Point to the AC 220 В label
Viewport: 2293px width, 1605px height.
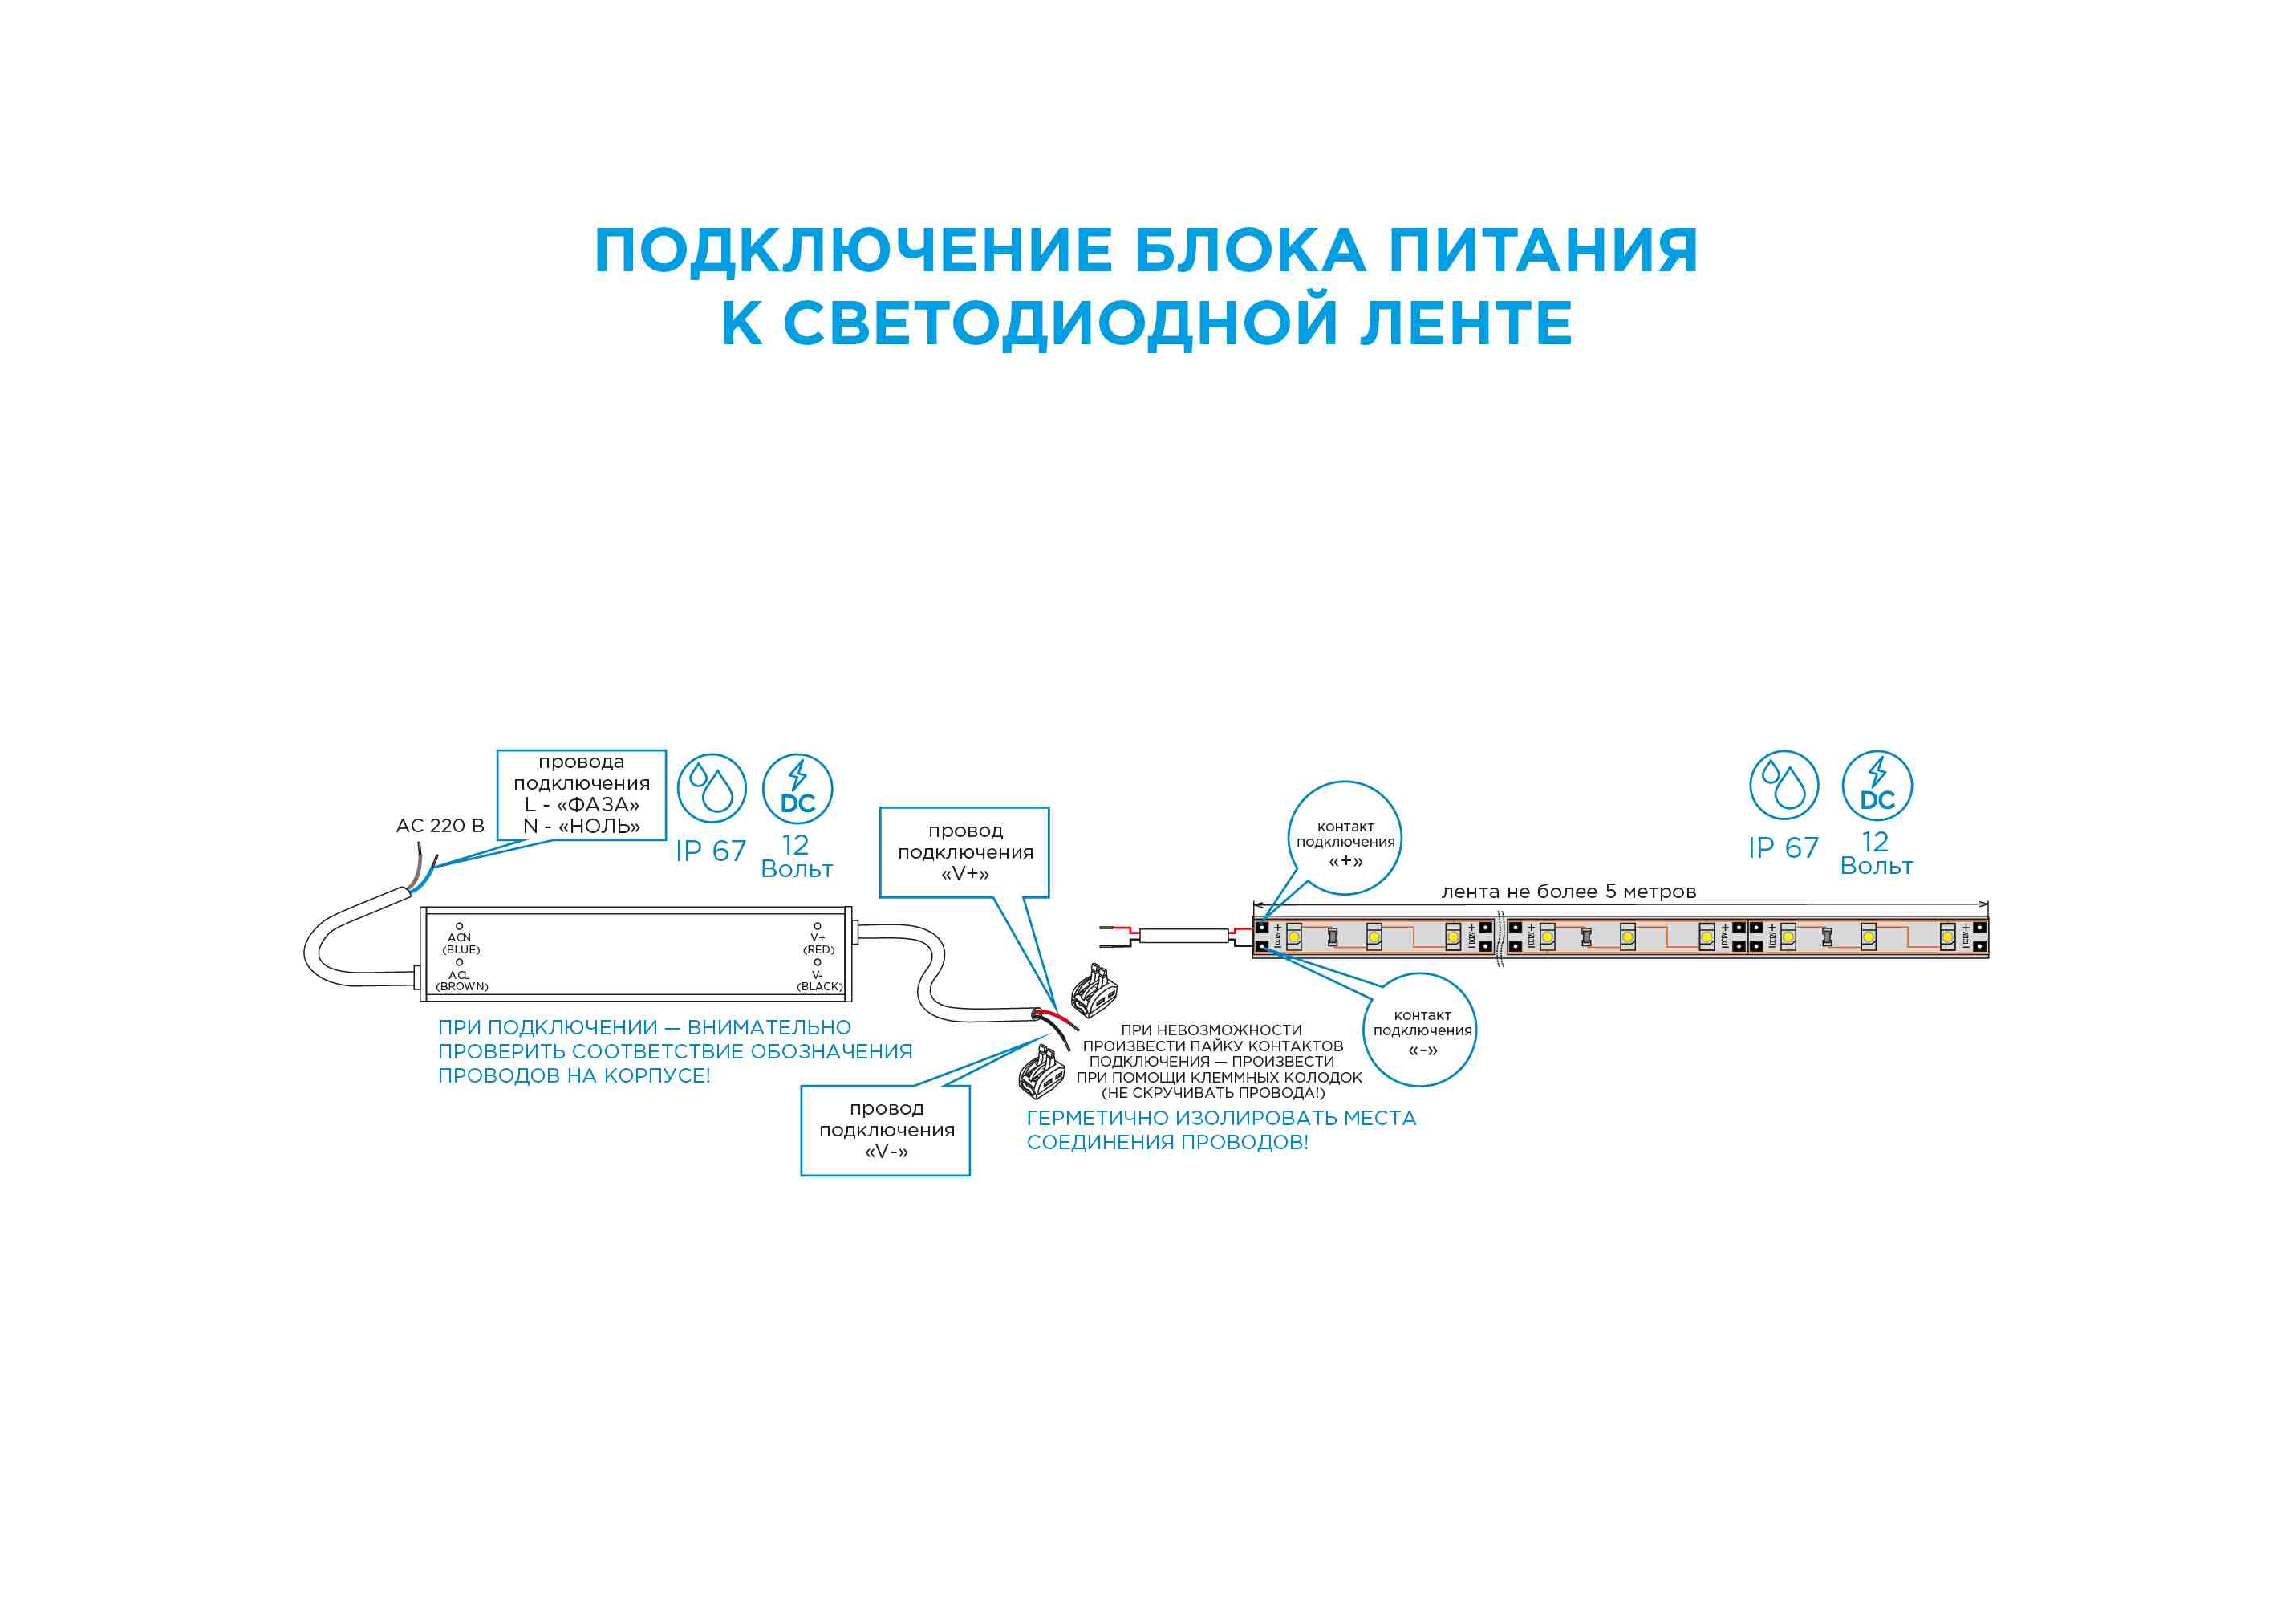(x=440, y=826)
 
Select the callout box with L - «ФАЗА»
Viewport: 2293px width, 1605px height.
(x=581, y=794)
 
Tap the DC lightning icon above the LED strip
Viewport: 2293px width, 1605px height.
(x=1877, y=785)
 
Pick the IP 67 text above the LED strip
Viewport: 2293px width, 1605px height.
(x=1783, y=848)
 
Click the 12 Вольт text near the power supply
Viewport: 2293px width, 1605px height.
(x=796, y=857)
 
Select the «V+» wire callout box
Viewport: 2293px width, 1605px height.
(x=964, y=852)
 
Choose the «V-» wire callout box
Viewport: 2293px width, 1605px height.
(x=885, y=1130)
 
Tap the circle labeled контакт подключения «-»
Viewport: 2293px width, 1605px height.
(x=1420, y=1030)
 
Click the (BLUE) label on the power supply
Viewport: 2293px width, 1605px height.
(x=461, y=950)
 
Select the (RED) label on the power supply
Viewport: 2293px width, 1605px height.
(x=819, y=950)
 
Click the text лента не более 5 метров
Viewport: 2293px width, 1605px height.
(x=1568, y=892)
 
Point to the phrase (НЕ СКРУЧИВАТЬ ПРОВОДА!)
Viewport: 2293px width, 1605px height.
(x=1212, y=1093)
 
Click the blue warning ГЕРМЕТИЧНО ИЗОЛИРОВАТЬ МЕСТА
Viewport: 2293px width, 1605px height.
(x=1220, y=1118)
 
